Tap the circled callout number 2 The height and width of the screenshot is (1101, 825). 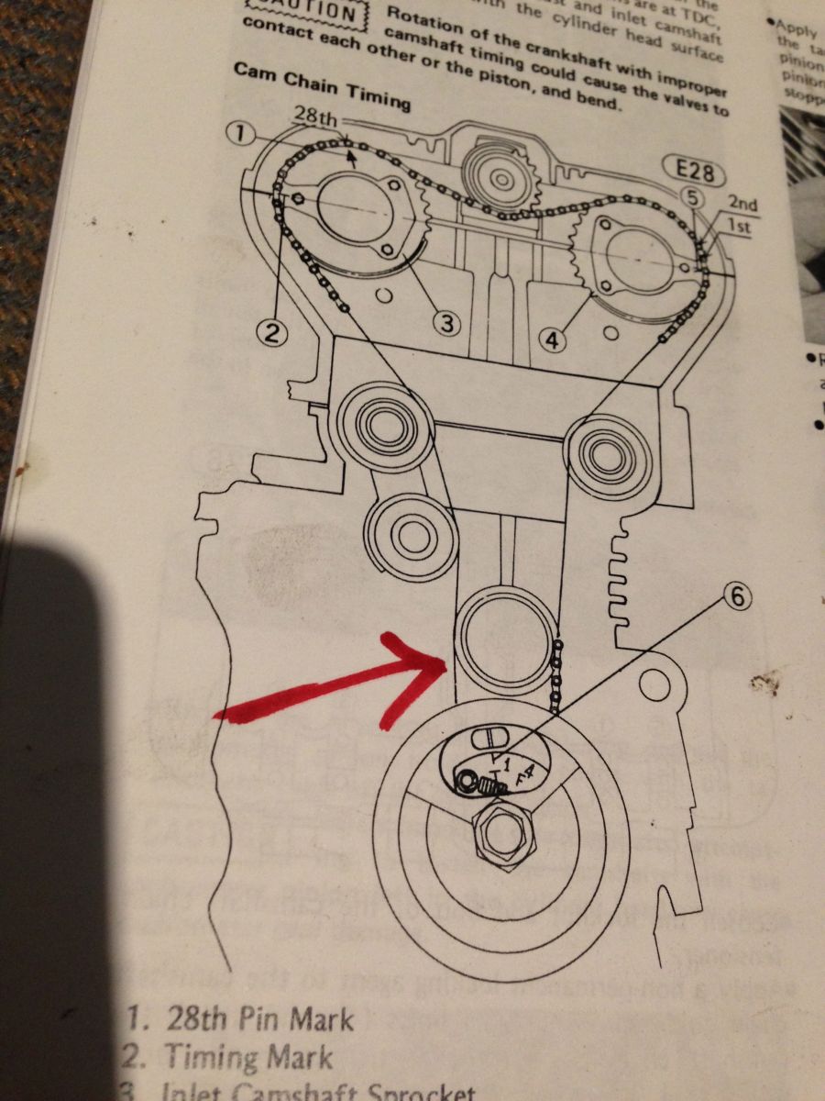tap(271, 332)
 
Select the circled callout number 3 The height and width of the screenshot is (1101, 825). tap(446, 323)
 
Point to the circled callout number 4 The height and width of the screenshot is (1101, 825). tap(552, 340)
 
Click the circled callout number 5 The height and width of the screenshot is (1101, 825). tap(692, 195)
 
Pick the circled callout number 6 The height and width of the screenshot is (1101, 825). tap(739, 597)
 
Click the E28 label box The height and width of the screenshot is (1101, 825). tap(694, 171)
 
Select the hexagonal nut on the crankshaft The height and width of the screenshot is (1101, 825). tap(501, 834)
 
